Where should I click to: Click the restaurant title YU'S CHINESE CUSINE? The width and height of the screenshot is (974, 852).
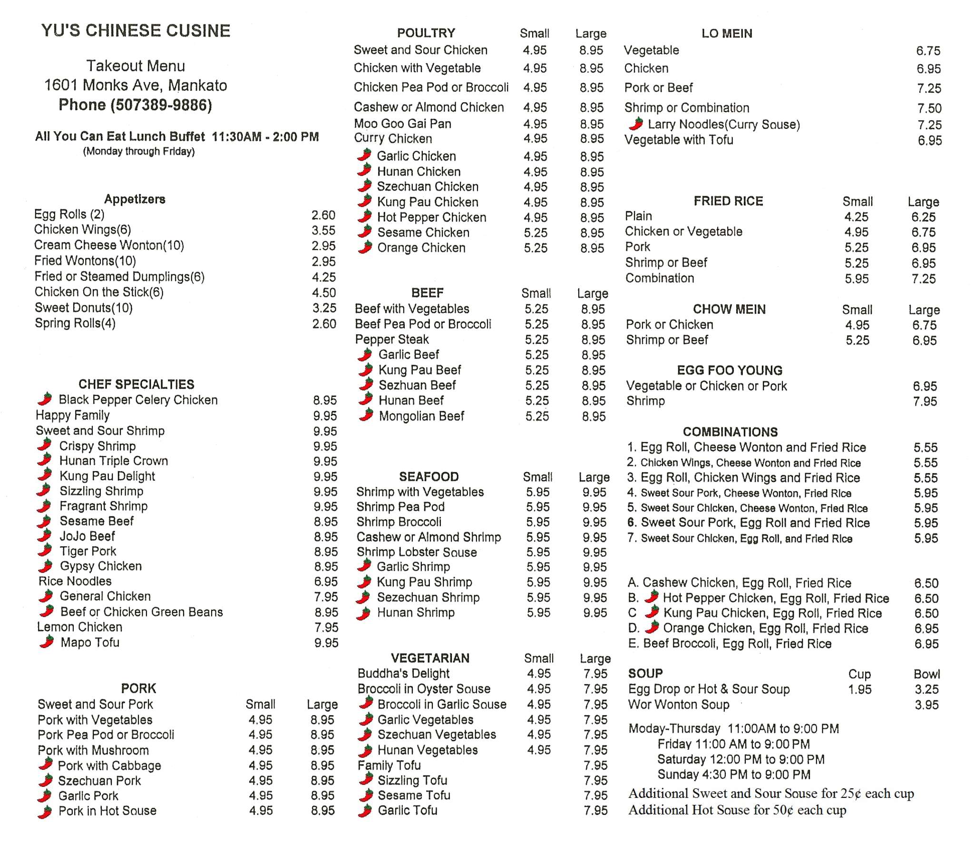point(136,31)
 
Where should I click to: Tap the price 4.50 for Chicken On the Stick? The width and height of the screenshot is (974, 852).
point(324,292)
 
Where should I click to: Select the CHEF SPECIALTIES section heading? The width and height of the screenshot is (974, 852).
point(136,384)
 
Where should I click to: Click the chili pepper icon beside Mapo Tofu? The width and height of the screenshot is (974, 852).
point(47,642)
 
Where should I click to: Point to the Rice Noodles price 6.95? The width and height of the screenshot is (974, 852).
point(326,581)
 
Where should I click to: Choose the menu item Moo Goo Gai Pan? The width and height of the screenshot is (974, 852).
point(402,124)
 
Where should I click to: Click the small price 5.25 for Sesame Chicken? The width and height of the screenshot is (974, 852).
point(536,232)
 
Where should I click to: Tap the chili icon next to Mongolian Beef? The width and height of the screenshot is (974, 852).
point(366,416)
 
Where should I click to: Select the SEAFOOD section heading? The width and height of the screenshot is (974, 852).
point(429,476)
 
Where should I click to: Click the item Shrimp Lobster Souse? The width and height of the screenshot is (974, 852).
point(417,552)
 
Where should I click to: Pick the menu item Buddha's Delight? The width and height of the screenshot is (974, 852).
point(403,673)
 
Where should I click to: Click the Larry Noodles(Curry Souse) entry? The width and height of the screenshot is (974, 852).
point(723,125)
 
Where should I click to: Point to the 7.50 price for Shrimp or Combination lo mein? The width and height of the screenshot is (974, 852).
point(929,108)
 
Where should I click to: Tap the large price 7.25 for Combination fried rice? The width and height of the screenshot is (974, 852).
point(924,279)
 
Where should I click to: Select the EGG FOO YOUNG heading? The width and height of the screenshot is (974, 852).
point(730,370)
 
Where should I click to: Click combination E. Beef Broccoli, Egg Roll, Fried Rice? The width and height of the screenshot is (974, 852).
point(730,644)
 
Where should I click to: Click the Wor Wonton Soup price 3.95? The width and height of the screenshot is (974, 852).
point(926,705)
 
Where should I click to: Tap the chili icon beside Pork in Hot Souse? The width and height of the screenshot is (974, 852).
point(45,812)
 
